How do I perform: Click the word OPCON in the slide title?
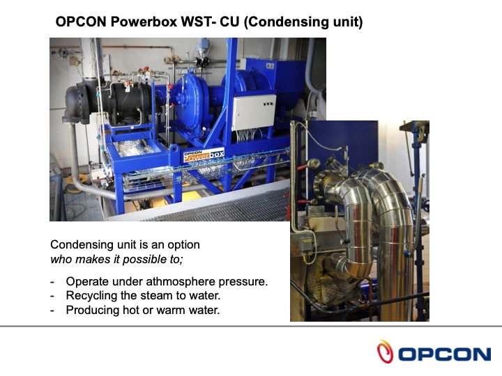tap(81, 22)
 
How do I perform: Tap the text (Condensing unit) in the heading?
tap(305, 22)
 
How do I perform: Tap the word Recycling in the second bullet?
tap(92, 296)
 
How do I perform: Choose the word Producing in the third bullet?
tap(92, 310)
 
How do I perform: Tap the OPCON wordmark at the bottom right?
tap(444, 354)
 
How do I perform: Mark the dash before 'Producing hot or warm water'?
tap(53, 310)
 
